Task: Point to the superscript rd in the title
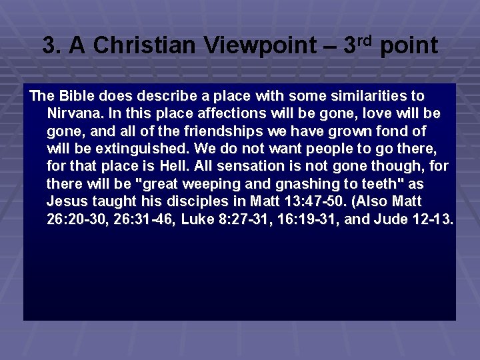tap(368, 39)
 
